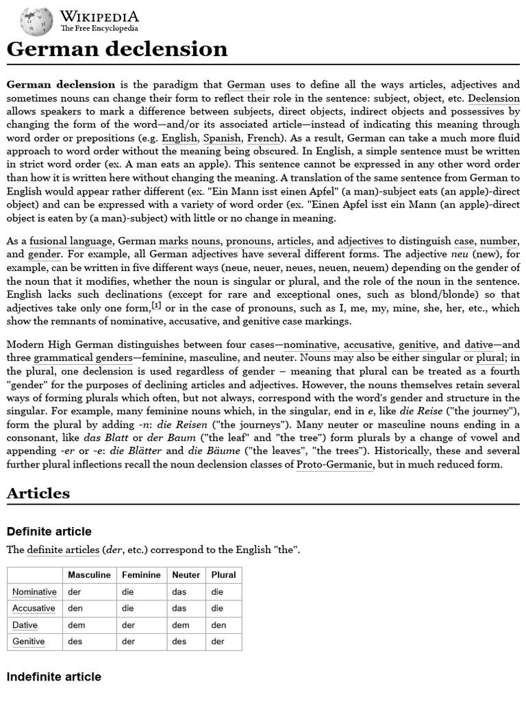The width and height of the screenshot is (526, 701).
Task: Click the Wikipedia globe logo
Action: (36, 21)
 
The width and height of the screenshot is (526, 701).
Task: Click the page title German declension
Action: (117, 49)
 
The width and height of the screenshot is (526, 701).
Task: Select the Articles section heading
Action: (38, 493)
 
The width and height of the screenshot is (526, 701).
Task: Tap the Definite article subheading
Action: (49, 532)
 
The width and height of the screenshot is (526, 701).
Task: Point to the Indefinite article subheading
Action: (53, 676)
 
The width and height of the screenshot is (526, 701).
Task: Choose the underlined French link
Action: (263, 138)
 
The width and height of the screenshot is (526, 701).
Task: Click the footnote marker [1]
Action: (156, 305)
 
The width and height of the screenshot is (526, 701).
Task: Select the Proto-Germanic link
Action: (334, 464)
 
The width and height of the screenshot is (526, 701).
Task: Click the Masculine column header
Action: (89, 575)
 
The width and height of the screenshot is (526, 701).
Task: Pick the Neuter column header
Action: (186, 575)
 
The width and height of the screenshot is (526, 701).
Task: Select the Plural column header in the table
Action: (223, 575)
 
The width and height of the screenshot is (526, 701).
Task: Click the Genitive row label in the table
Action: (29, 641)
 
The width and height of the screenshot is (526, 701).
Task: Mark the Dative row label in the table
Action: (25, 625)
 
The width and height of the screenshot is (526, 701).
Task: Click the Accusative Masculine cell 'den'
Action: (75, 608)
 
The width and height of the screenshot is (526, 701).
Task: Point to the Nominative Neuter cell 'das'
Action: (179, 591)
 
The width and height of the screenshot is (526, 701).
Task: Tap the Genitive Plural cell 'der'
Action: (218, 641)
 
